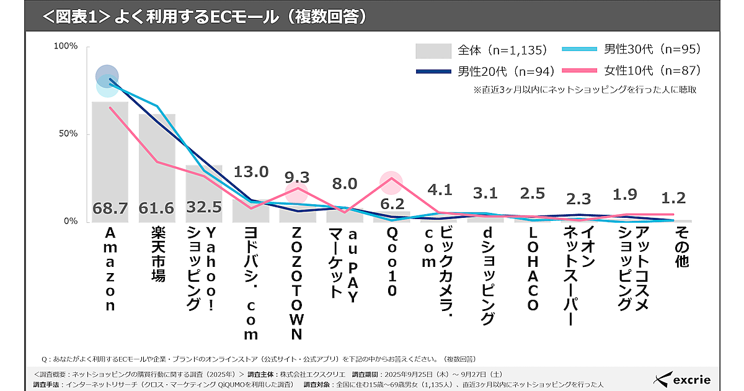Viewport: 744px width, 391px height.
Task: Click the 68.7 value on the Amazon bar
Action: (x=110, y=209)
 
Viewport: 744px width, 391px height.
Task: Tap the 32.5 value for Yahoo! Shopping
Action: (x=204, y=209)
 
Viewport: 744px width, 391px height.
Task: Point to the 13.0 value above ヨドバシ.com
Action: (x=251, y=171)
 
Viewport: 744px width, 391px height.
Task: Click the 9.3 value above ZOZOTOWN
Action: (x=298, y=178)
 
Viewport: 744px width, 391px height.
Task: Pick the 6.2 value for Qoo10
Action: (x=392, y=203)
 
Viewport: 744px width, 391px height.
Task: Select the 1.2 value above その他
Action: (x=673, y=198)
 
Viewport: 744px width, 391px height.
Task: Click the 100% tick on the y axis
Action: (x=65, y=47)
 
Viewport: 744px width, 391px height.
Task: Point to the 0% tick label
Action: (x=70, y=222)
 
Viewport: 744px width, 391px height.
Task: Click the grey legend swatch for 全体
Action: (x=433, y=50)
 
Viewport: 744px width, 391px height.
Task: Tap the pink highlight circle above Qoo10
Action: (x=392, y=181)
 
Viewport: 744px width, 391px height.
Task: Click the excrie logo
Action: (x=683, y=379)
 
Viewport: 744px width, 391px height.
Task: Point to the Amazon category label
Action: (x=110, y=270)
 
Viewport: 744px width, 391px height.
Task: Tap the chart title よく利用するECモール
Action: (x=205, y=16)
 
